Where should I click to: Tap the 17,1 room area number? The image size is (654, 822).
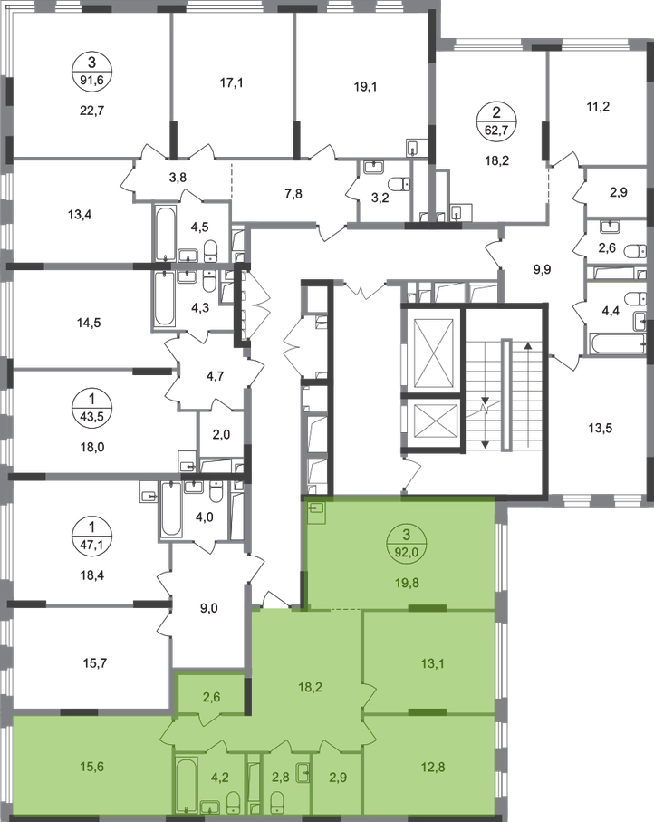(231, 82)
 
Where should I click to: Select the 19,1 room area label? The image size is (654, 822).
(365, 87)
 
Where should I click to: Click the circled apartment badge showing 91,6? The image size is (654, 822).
(92, 71)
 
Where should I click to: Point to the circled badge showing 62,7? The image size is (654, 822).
(496, 121)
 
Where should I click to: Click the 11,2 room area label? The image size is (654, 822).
(598, 107)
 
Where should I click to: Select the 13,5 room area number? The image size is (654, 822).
(600, 429)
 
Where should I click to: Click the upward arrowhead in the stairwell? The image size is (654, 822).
(528, 345)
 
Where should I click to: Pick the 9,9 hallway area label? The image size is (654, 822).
(542, 270)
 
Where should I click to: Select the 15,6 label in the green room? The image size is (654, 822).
(92, 767)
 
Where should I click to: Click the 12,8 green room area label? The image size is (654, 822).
(432, 767)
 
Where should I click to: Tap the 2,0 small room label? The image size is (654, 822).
(222, 434)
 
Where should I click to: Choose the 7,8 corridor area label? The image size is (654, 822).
(293, 194)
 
